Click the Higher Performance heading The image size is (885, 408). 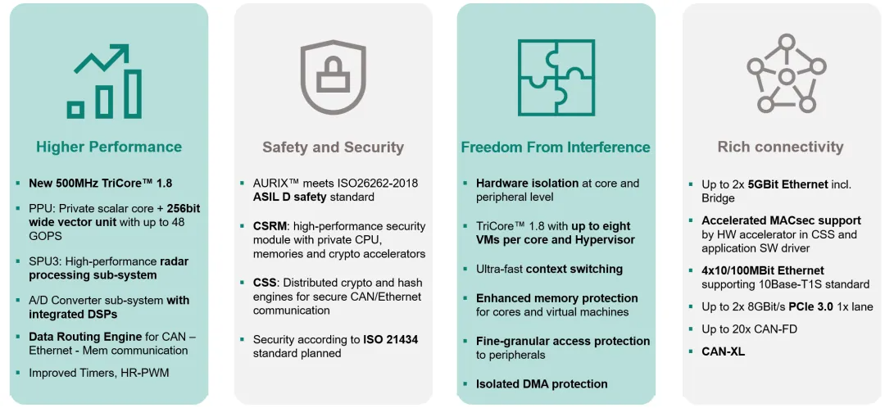click(x=109, y=147)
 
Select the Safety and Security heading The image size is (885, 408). click(x=333, y=147)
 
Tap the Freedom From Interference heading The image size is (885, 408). click(x=556, y=147)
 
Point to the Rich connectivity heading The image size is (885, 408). click(x=781, y=147)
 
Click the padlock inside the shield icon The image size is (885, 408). click(x=333, y=77)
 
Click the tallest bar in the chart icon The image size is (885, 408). click(x=133, y=94)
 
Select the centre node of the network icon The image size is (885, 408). click(x=786, y=77)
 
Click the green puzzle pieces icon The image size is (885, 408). click(x=556, y=77)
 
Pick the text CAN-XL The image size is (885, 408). click(x=723, y=351)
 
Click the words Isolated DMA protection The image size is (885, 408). click(x=542, y=384)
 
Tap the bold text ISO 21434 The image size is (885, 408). click(x=392, y=340)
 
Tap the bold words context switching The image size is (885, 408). click(x=574, y=270)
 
